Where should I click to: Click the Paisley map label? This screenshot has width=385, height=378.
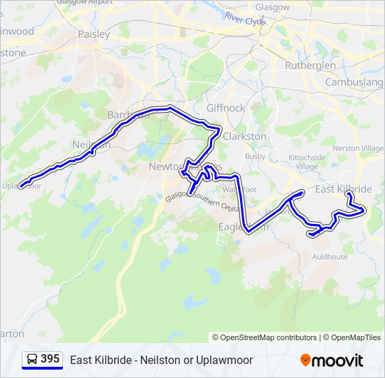click(94, 34)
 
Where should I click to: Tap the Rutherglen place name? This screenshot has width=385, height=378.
click(311, 66)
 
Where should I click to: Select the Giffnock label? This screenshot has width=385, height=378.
click(226, 108)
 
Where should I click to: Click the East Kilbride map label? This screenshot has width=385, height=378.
click(343, 190)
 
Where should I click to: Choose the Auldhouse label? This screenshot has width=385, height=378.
click(330, 257)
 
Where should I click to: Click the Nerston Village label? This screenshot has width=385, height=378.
click(358, 148)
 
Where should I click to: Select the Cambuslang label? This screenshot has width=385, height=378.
click(354, 82)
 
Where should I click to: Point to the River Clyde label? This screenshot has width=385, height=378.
click(246, 20)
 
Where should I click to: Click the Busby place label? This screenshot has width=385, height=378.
click(255, 155)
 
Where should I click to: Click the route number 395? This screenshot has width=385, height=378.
click(50, 359)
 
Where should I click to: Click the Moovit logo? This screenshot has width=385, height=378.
click(332, 360)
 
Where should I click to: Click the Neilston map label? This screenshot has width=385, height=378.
click(91, 145)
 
